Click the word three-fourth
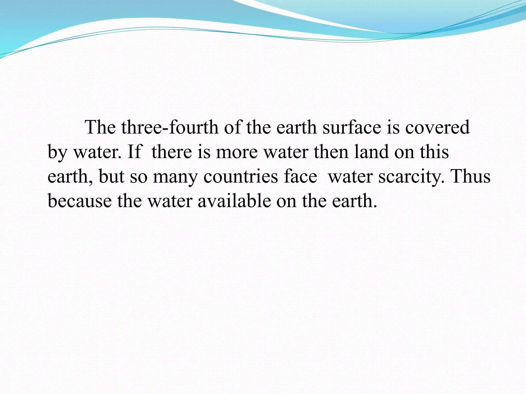coord(170,127)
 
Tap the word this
coord(434,152)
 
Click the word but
coord(111,176)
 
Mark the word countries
coord(241,176)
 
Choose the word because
coord(80,201)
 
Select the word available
coord(234,201)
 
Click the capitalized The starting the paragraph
coord(100,127)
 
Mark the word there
coord(172,152)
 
